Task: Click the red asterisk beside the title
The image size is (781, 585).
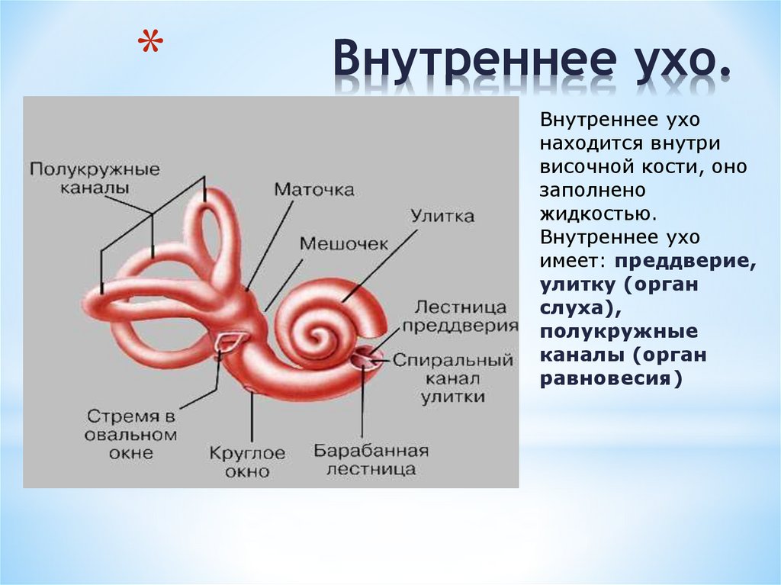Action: [x=150, y=43]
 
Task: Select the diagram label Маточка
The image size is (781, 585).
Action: [x=314, y=189]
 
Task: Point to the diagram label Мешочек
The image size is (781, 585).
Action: [x=344, y=243]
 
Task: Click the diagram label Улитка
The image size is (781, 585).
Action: [x=442, y=217]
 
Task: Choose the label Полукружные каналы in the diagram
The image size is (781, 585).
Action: [x=95, y=178]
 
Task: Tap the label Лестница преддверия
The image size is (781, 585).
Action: [x=460, y=316]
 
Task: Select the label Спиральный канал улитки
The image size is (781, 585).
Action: [x=453, y=378]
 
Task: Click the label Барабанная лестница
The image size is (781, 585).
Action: [x=371, y=459]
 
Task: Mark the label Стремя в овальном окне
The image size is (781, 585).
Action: [x=130, y=434]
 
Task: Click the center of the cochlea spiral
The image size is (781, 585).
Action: [x=317, y=334]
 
